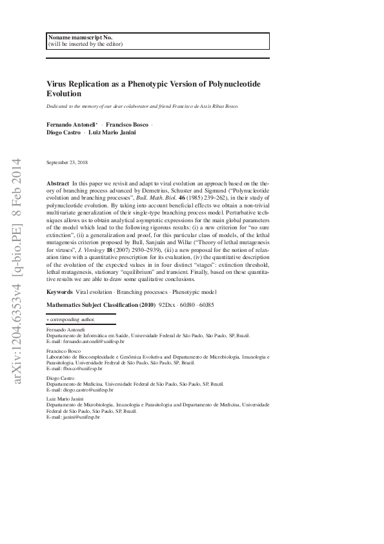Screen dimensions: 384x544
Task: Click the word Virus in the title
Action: [57, 83]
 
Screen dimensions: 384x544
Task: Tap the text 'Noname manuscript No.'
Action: [76, 37]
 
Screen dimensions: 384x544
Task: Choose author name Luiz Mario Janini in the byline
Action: [108, 132]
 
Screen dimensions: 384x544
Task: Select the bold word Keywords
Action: [60, 293]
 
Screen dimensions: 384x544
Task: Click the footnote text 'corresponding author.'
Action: [72, 319]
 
